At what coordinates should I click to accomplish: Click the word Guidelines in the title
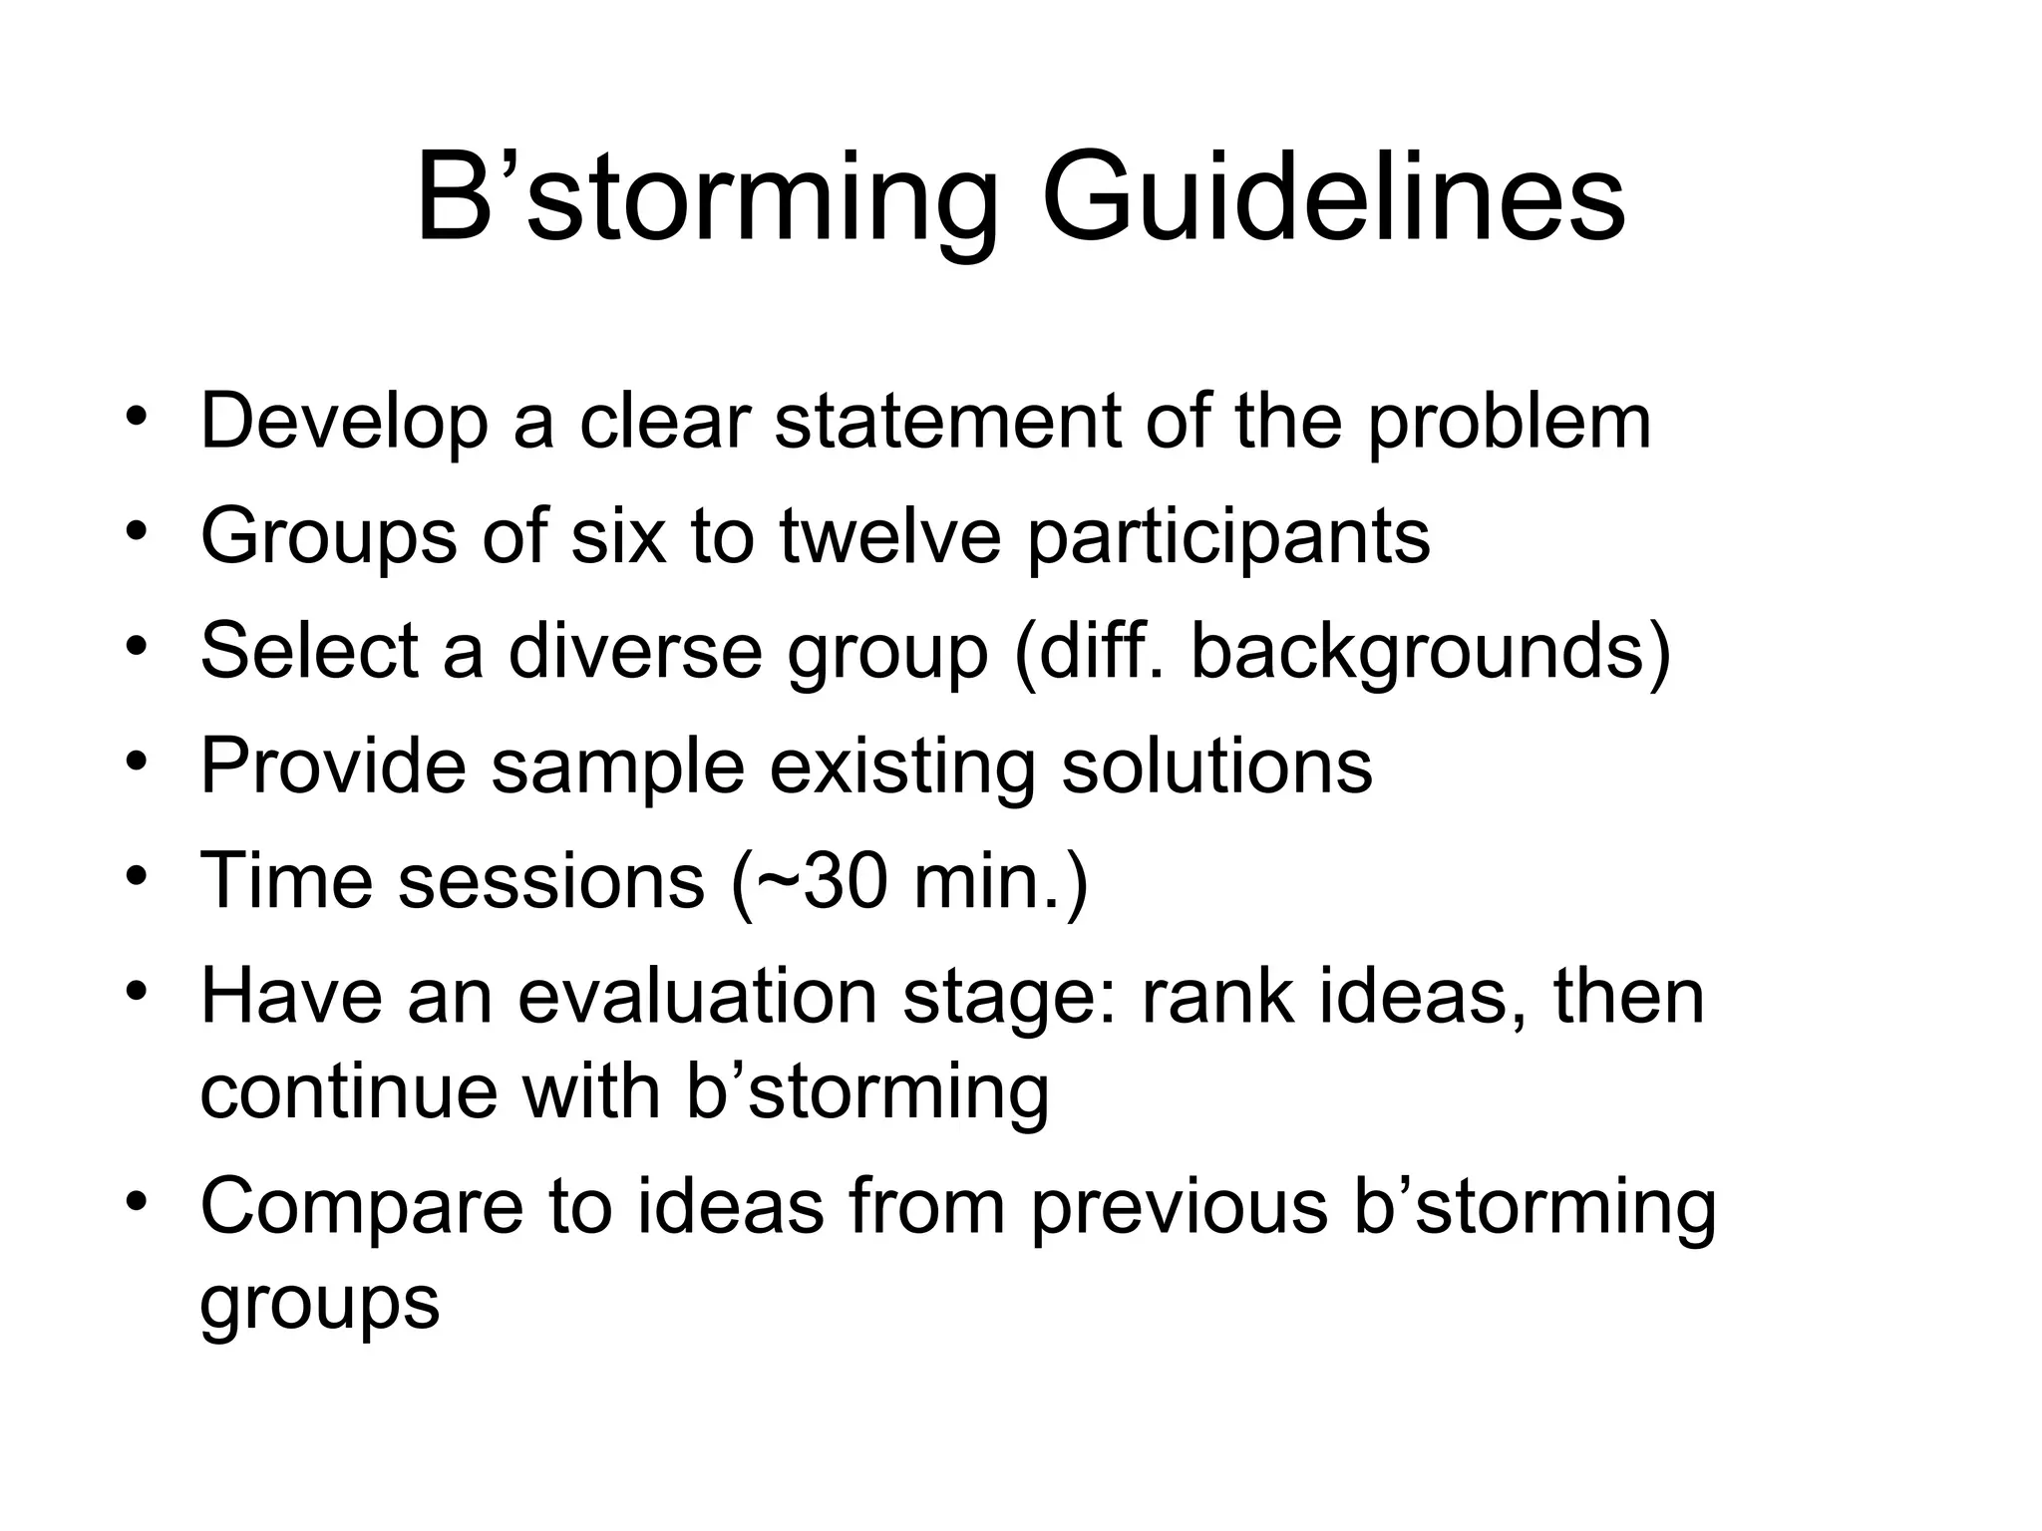[1333, 199]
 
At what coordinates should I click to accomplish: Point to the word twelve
[890, 536]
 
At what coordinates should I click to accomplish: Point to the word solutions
[1216, 765]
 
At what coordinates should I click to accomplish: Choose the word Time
[286, 881]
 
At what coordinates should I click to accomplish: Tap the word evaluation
[697, 996]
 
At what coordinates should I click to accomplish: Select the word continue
[347, 1091]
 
